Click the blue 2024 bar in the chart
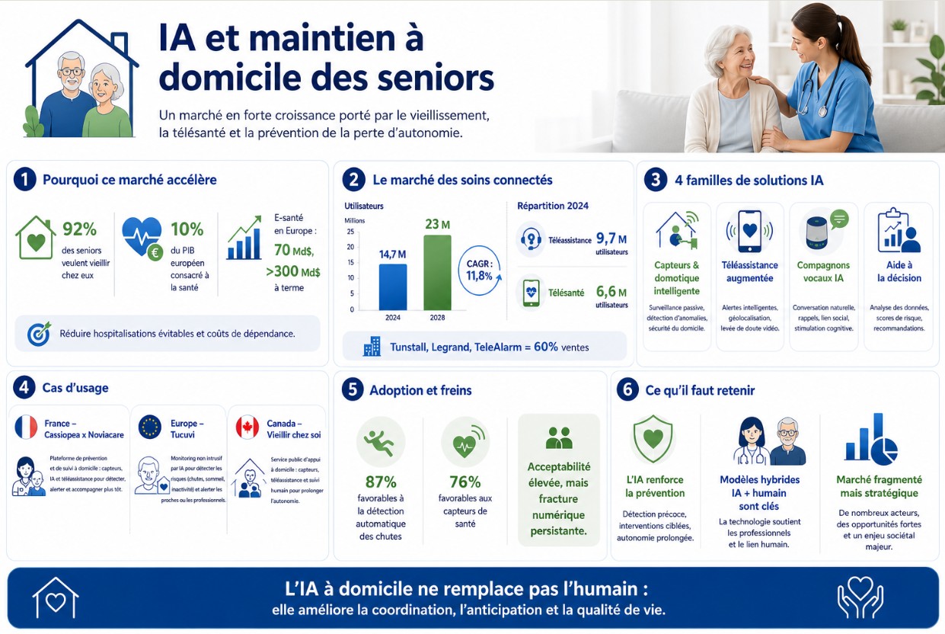[393, 287]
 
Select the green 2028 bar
[438, 273]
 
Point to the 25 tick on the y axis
[350, 232]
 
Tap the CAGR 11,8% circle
[480, 271]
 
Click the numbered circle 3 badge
[655, 180]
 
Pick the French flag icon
[26, 427]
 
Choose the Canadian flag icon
[247, 427]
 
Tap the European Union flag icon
[150, 427]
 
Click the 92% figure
[80, 229]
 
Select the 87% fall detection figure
[381, 482]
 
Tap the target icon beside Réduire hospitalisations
[40, 334]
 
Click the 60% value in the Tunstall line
[546, 347]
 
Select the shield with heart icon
[653, 439]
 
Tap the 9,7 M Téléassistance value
[611, 239]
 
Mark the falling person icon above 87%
[381, 442]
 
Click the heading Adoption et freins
[420, 390]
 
